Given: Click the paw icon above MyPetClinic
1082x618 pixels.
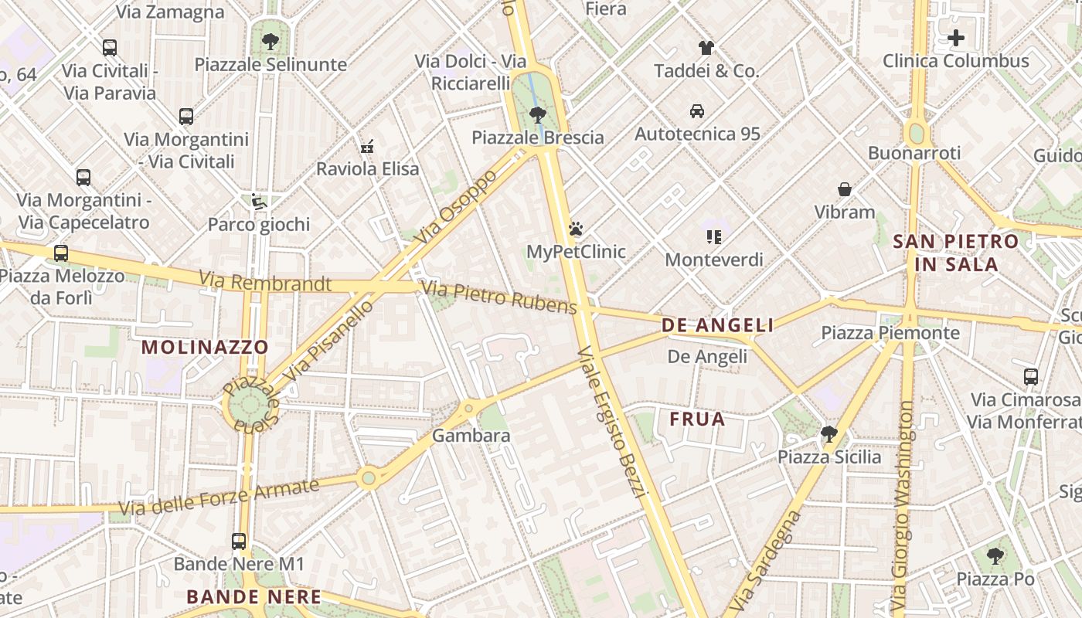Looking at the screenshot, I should pyautogui.click(x=576, y=229).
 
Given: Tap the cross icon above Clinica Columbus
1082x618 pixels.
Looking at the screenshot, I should pyautogui.click(x=955, y=37).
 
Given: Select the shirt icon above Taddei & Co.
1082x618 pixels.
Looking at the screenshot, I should pyautogui.click(x=706, y=48).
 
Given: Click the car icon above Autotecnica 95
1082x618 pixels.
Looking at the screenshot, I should pyautogui.click(x=697, y=110).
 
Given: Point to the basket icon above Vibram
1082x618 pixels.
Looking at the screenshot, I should pyautogui.click(x=845, y=188).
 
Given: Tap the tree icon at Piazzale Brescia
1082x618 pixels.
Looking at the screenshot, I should pyautogui.click(x=538, y=115).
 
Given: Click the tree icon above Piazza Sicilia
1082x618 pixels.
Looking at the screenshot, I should pyautogui.click(x=829, y=433).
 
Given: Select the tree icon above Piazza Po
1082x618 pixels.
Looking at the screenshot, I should pyautogui.click(x=995, y=555).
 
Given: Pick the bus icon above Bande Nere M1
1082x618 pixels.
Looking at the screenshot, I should pyautogui.click(x=239, y=541).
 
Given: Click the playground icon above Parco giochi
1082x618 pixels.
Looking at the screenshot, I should pyautogui.click(x=258, y=202).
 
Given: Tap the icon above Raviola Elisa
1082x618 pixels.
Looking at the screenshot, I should pyautogui.click(x=367, y=145).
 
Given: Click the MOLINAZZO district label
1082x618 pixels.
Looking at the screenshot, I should pyautogui.click(x=205, y=347).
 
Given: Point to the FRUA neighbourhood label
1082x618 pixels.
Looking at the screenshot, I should pyautogui.click(x=697, y=419).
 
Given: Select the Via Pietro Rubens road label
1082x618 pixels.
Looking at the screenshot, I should pyautogui.click(x=498, y=298).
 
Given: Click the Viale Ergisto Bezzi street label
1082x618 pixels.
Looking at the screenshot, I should pyautogui.click(x=611, y=422).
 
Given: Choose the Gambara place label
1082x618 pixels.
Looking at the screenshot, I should pyautogui.click(x=471, y=436).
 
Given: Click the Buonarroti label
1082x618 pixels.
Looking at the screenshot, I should pyautogui.click(x=914, y=153).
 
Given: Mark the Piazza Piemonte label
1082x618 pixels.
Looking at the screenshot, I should pyautogui.click(x=890, y=333).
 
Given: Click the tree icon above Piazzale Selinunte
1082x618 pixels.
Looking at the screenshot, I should pyautogui.click(x=270, y=41).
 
